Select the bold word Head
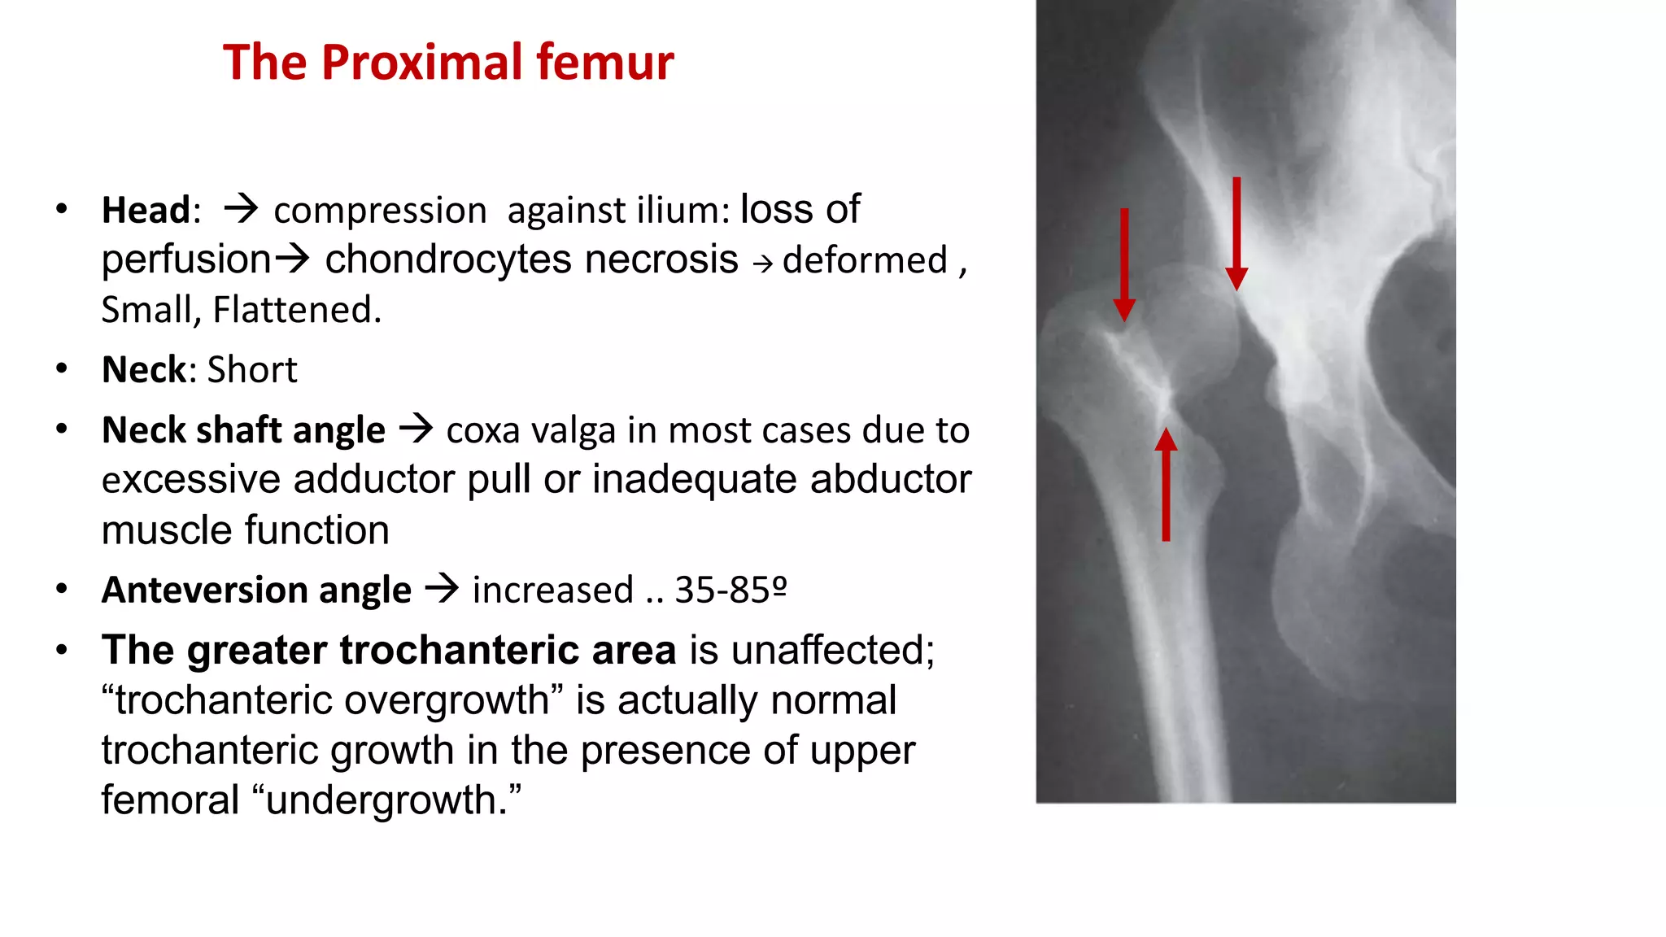pyautogui.click(x=146, y=211)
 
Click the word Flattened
pyautogui.click(x=296, y=310)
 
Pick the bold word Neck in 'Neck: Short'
pyautogui.click(x=144, y=370)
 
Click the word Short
pyautogui.click(x=252, y=370)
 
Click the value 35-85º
pyautogui.click(x=731, y=590)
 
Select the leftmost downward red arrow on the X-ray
pyautogui.click(x=1124, y=264)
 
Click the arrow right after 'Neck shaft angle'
pyautogui.click(x=416, y=428)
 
